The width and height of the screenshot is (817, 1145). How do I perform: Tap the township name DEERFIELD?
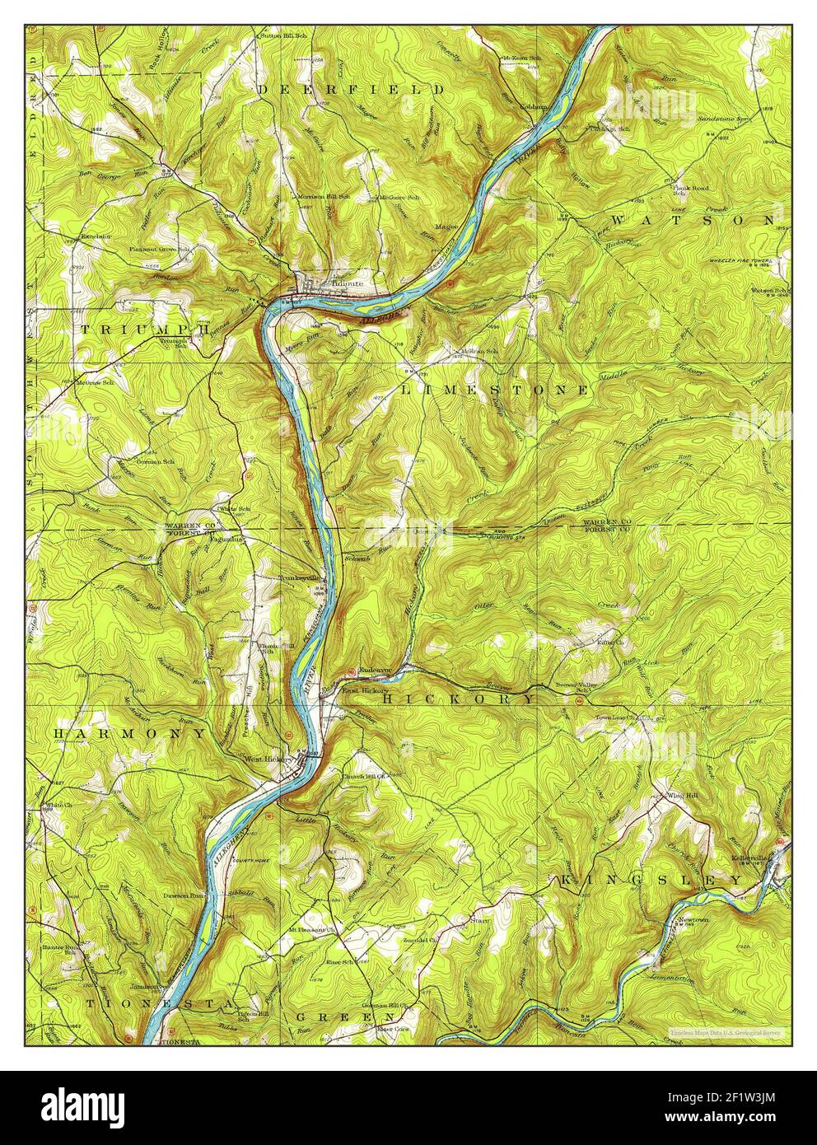352,89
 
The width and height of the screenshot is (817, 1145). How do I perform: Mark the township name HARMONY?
130,732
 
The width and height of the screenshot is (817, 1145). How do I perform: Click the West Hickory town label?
268,759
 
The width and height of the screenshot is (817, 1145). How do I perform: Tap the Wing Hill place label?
678,796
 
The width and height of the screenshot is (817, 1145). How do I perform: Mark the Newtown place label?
693,918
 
